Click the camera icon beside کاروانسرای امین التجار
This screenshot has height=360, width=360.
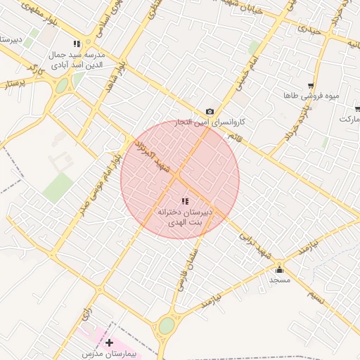point(210,111)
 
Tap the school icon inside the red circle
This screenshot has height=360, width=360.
point(185,201)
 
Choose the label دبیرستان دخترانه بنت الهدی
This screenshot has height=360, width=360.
point(185,217)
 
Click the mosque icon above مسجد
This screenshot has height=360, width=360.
point(279,269)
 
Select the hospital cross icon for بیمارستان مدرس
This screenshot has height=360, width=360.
point(109,342)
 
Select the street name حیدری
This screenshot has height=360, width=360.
point(309,30)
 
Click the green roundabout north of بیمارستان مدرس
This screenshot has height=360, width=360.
point(167,326)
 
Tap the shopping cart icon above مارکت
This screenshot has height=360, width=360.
point(358,109)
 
